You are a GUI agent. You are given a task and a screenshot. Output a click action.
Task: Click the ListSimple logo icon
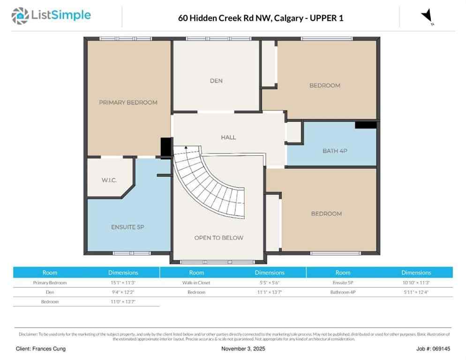coord(20,15)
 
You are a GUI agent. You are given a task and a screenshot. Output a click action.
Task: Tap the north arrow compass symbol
coord(427,17)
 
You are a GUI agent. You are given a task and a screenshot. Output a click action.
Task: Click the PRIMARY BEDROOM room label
coord(128,102)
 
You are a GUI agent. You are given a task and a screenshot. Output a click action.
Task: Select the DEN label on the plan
coord(216,81)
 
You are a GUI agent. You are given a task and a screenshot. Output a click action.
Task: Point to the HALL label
coord(228,137)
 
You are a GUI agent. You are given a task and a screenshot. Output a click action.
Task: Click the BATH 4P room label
coord(335,151)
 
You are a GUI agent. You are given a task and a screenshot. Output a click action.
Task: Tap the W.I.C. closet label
coord(109,180)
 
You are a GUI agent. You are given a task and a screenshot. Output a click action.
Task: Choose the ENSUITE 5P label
coord(128,227)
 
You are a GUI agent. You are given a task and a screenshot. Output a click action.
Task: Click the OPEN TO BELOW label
coord(218,238)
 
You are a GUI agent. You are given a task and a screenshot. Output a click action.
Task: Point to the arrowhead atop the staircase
coord(186,147)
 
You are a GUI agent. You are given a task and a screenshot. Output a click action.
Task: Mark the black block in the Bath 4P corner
coord(366,125)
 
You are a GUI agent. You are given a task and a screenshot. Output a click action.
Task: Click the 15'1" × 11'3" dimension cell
coord(123,283)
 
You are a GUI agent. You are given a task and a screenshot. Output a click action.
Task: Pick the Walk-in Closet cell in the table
coord(196,283)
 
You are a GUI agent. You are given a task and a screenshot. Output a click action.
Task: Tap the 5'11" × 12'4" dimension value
coord(416,292)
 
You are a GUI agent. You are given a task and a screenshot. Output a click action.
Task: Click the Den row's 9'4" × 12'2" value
coord(123,292)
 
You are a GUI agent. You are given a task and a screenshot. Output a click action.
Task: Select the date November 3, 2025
coord(243,349)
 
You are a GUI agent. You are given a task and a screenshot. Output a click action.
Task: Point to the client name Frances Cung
coord(41,349)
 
